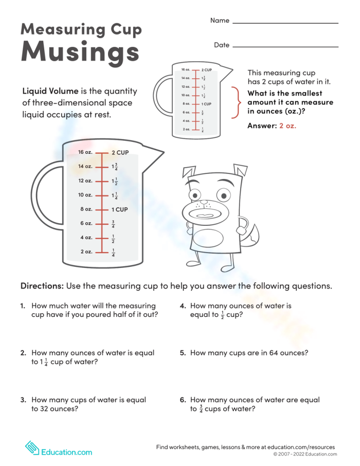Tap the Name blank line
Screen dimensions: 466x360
click(x=285, y=23)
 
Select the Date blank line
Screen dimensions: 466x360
click(x=285, y=47)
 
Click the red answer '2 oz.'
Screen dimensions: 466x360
click(x=287, y=126)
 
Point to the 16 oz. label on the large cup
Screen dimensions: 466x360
click(x=85, y=152)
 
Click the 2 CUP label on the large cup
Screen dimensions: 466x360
click(x=120, y=153)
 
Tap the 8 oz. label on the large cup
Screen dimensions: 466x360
click(x=86, y=209)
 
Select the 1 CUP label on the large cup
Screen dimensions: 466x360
click(x=120, y=210)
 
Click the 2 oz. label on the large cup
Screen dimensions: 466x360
click(x=86, y=252)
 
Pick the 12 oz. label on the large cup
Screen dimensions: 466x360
click(x=85, y=181)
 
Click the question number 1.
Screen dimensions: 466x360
click(x=23, y=306)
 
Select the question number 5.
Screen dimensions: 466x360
click(x=183, y=353)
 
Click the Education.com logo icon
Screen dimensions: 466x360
click(x=32, y=447)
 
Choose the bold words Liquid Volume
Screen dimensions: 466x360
click(x=50, y=92)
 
